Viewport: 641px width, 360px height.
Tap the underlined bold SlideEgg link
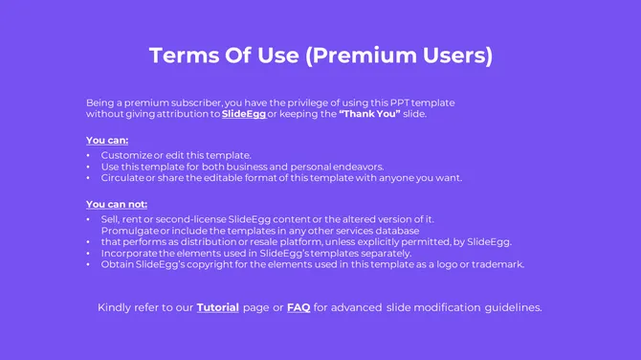click(x=243, y=114)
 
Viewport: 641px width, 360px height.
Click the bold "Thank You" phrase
click(x=369, y=114)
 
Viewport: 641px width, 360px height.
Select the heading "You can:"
click(x=107, y=140)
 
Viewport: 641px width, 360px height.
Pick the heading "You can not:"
click(x=117, y=204)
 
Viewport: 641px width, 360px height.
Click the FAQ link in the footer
click(x=298, y=307)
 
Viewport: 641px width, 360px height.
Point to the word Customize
click(x=126, y=155)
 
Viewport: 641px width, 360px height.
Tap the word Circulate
click(x=122, y=177)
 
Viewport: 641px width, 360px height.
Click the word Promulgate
click(x=129, y=231)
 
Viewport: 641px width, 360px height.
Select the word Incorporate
click(x=131, y=253)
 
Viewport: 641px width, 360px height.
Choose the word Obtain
click(x=118, y=264)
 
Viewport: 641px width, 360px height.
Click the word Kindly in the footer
click(x=118, y=307)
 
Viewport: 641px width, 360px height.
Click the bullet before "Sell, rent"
click(x=89, y=219)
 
